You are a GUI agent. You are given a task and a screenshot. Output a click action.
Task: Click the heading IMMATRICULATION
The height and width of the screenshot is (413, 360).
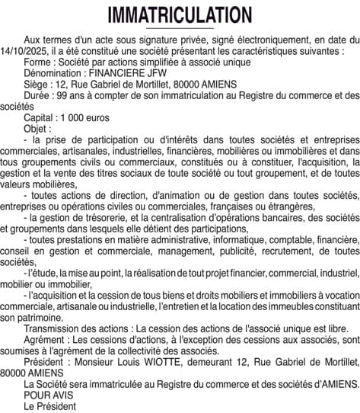pos(180,15)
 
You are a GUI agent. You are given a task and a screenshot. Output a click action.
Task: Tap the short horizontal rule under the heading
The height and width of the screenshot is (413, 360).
pos(180,28)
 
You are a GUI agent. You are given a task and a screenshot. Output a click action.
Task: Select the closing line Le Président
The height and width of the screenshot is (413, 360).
pos(50,406)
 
